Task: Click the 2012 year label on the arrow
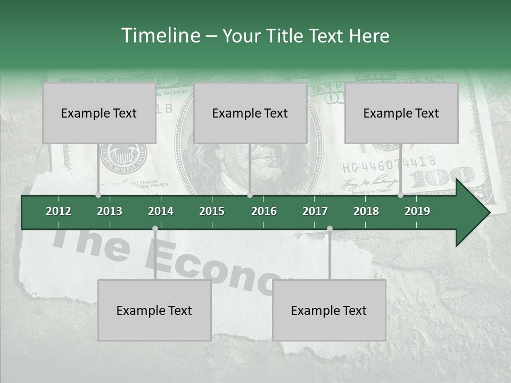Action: click(x=59, y=211)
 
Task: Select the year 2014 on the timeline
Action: click(x=161, y=211)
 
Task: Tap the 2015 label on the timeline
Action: click(x=212, y=211)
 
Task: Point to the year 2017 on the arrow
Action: click(x=315, y=211)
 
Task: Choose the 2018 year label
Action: click(x=366, y=211)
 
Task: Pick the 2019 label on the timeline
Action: click(x=417, y=211)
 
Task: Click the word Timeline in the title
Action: click(x=160, y=36)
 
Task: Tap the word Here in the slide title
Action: click(x=369, y=36)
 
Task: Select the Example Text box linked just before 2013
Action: click(x=99, y=113)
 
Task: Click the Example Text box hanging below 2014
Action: click(x=154, y=310)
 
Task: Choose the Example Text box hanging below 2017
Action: click(x=329, y=310)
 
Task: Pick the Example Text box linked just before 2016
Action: click(x=250, y=113)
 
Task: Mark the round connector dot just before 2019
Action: click(x=400, y=195)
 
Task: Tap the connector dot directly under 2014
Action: click(x=155, y=229)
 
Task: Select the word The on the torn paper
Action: click(x=90, y=242)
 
